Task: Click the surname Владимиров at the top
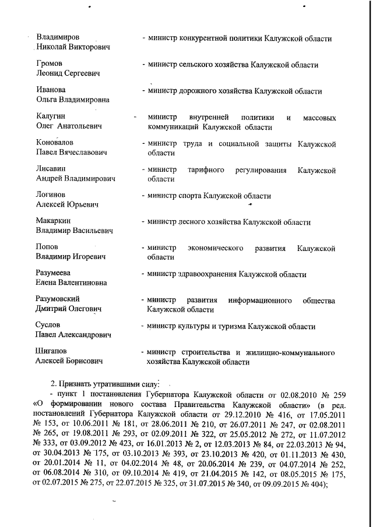click(58, 38)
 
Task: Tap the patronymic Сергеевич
click(79, 74)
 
